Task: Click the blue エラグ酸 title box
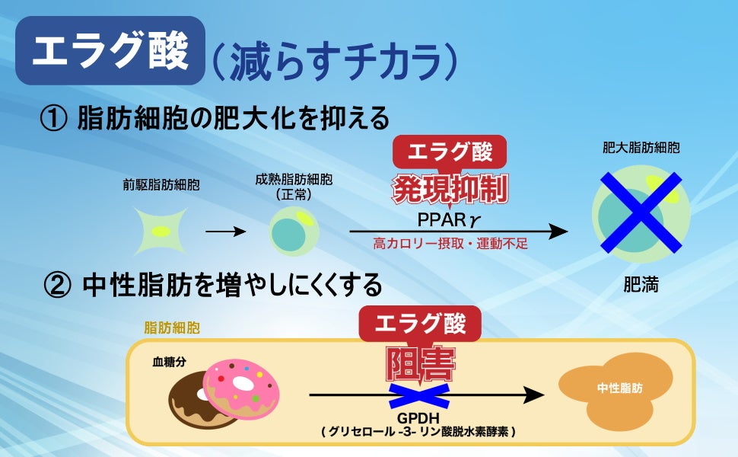(110, 51)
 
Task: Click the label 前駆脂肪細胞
(161, 184)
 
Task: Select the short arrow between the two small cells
(221, 231)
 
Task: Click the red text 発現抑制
(450, 190)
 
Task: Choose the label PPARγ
(450, 219)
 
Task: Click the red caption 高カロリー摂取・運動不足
(450, 244)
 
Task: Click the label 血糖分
(169, 362)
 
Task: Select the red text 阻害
(419, 365)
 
